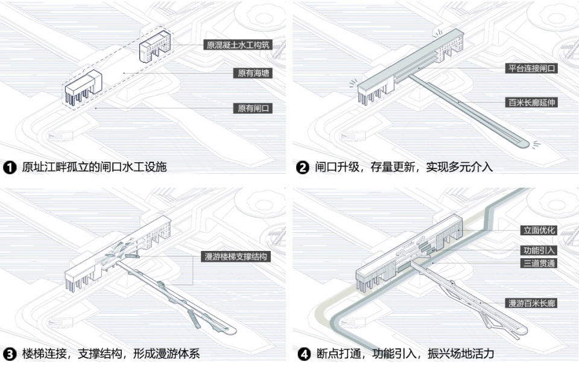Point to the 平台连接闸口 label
point(531,68)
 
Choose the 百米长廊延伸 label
point(531,103)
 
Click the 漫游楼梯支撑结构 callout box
point(236,257)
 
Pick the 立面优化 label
point(539,230)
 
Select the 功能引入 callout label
point(539,250)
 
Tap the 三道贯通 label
point(539,263)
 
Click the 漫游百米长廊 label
point(531,303)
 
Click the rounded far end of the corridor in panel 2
point(520,143)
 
